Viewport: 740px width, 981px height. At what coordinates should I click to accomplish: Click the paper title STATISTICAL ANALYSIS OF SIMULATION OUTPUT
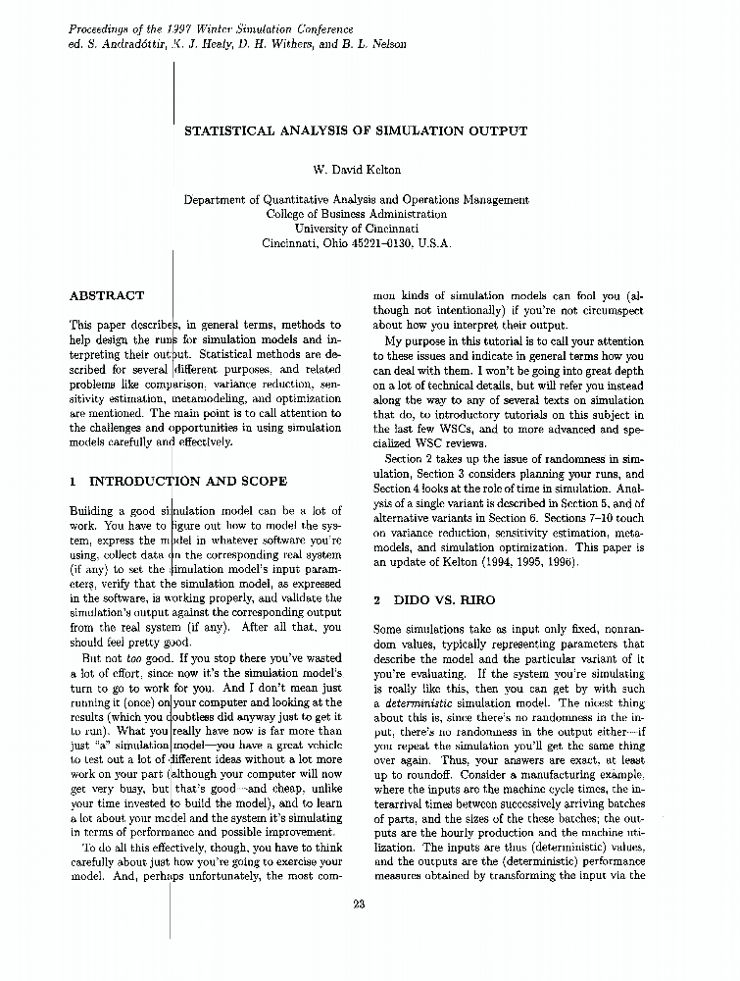(356, 130)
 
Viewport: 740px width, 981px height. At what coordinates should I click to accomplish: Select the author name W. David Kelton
(356, 170)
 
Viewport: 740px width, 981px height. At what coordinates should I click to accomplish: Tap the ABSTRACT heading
(107, 295)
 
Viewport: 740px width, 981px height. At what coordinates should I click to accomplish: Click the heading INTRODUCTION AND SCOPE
(187, 482)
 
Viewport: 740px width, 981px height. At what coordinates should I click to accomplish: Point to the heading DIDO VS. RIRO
(444, 599)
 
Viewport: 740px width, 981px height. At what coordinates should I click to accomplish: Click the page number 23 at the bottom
(358, 904)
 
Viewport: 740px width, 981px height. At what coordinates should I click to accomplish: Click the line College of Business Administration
(356, 214)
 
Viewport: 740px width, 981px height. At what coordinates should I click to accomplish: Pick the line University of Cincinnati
(356, 229)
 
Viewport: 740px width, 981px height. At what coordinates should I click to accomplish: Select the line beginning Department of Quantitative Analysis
(356, 199)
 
